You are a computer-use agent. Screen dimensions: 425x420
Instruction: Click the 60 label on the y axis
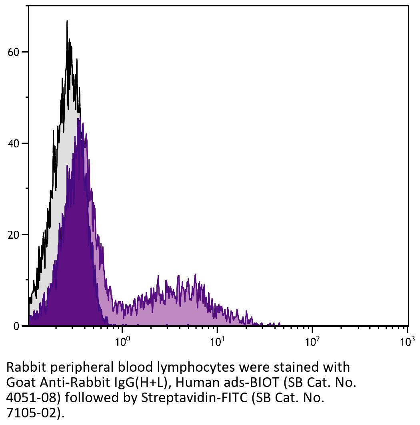[14, 52]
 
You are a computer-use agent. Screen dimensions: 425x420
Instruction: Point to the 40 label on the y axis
[14, 143]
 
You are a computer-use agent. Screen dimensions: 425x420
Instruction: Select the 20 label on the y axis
[14, 235]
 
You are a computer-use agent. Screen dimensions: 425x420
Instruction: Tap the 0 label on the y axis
[16, 326]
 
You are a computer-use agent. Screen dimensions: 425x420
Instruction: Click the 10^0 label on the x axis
[122, 342]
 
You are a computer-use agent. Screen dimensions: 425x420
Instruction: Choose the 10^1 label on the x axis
[217, 342]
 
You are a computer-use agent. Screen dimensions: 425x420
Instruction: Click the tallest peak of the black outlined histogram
[67, 21]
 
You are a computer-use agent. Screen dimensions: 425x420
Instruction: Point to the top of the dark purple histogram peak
[79, 119]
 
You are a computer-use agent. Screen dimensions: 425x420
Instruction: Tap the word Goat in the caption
[19, 383]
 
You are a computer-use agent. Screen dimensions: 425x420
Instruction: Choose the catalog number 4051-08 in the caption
[31, 398]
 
